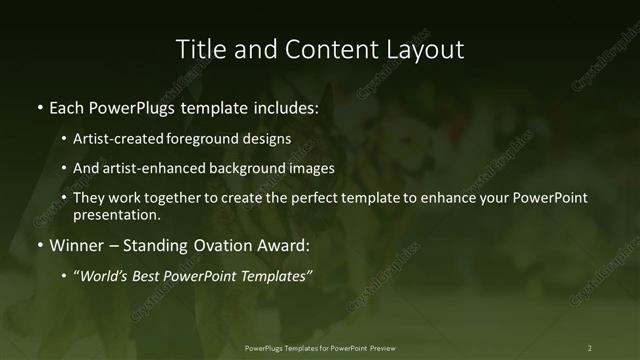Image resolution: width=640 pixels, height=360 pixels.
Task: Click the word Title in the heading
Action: (x=199, y=49)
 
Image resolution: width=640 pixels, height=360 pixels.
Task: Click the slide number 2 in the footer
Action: (x=590, y=348)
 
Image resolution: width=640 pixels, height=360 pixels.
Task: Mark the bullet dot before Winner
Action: (x=39, y=245)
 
